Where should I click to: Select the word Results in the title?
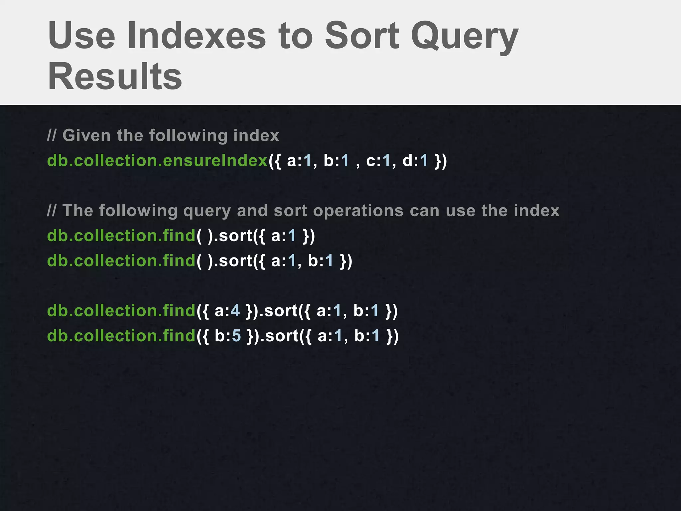pyautogui.click(x=115, y=77)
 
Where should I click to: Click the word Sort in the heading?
pyautogui.click(x=362, y=36)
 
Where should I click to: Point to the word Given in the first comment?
pyautogui.click(x=86, y=136)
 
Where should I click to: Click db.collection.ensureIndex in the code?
pyautogui.click(x=157, y=161)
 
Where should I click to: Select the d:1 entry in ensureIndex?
pyautogui.click(x=415, y=161)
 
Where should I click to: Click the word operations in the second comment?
pyautogui.click(x=358, y=211)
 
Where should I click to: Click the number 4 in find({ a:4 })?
pyautogui.click(x=235, y=311)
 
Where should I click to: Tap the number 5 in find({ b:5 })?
pyautogui.click(x=236, y=336)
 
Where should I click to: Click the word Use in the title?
pyautogui.click(x=82, y=36)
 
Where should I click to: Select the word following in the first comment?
pyautogui.click(x=188, y=136)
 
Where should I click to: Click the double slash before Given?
pyautogui.click(x=52, y=136)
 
